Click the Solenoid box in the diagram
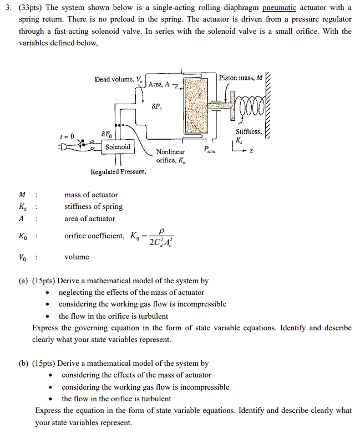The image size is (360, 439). (x=118, y=147)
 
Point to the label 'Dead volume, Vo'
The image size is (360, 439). (x=118, y=79)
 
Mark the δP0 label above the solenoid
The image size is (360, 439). (x=106, y=134)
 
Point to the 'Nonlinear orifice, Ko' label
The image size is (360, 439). (x=171, y=156)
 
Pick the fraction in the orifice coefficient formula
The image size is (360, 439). (x=161, y=237)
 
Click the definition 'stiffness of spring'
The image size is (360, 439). (x=93, y=207)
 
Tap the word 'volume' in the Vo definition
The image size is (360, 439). (x=77, y=257)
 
